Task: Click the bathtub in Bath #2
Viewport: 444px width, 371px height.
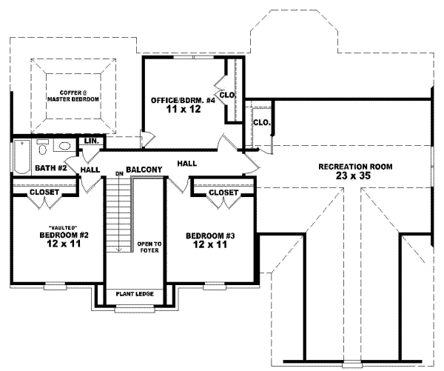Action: pyautogui.click(x=19, y=156)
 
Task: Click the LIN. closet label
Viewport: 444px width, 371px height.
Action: pyautogui.click(x=92, y=141)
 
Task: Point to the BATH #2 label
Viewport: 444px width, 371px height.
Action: pyautogui.click(x=51, y=168)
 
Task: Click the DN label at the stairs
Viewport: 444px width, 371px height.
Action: pyautogui.click(x=118, y=174)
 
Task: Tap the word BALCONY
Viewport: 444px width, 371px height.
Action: pyautogui.click(x=144, y=169)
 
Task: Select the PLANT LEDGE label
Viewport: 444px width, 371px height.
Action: pyautogui.click(x=134, y=294)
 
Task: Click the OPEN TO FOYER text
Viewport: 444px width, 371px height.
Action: pyautogui.click(x=149, y=246)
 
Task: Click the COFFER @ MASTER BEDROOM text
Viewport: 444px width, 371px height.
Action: pyautogui.click(x=74, y=95)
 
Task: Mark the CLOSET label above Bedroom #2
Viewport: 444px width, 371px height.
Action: pyautogui.click(x=44, y=193)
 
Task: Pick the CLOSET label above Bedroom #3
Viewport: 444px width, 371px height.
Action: pyautogui.click(x=223, y=193)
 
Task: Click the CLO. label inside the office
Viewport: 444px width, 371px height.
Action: pyautogui.click(x=228, y=95)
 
